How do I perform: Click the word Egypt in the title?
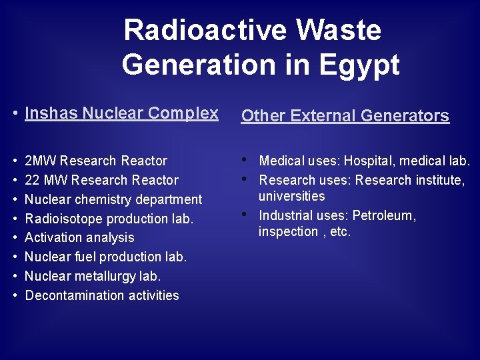(x=361, y=65)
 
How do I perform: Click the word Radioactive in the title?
(x=206, y=31)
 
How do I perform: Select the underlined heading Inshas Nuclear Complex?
(x=121, y=113)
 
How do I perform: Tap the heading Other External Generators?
(x=345, y=116)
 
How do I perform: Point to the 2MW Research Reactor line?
(x=95, y=161)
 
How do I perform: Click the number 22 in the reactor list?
(x=32, y=180)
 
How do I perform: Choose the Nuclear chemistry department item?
(x=113, y=199)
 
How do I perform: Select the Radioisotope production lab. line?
(x=109, y=219)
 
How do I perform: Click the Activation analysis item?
(x=79, y=237)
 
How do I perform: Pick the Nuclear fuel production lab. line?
(x=105, y=257)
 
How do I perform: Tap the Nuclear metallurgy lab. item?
(x=93, y=276)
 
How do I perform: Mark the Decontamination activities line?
(x=102, y=295)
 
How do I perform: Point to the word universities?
(x=292, y=196)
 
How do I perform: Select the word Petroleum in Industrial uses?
(x=383, y=215)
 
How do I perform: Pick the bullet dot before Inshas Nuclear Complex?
(x=15, y=114)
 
